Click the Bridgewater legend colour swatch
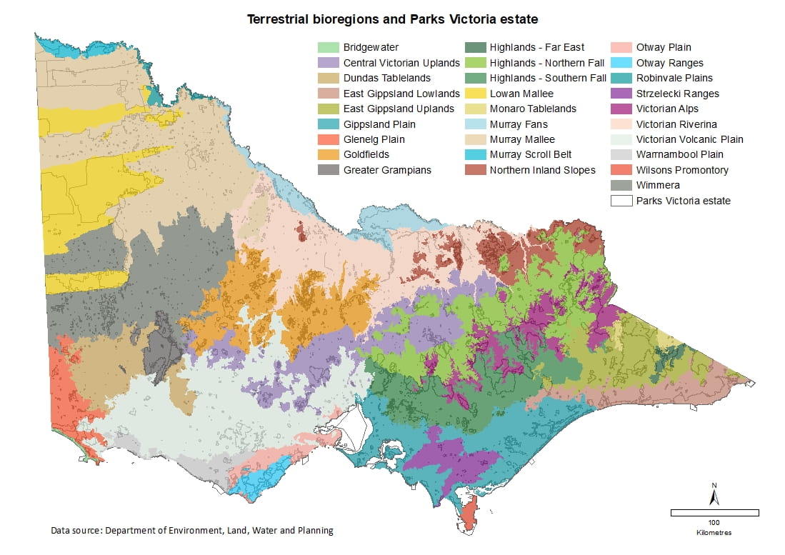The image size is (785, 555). tap(328, 48)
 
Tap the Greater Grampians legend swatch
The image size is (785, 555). tap(328, 170)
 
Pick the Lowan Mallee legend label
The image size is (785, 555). tap(521, 94)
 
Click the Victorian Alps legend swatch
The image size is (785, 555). tap(621, 109)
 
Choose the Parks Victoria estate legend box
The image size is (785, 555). tap(621, 201)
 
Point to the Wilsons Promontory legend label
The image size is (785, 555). tap(682, 170)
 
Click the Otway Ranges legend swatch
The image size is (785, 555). tap(621, 64)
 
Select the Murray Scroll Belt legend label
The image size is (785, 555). tap(531, 155)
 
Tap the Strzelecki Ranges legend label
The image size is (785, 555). tap(677, 94)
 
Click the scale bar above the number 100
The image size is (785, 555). tap(714, 513)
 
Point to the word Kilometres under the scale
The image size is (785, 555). tap(714, 533)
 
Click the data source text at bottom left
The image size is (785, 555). tap(191, 531)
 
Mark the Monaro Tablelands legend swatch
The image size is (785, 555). tap(474, 109)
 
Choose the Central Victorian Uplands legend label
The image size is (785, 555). tap(401, 64)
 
